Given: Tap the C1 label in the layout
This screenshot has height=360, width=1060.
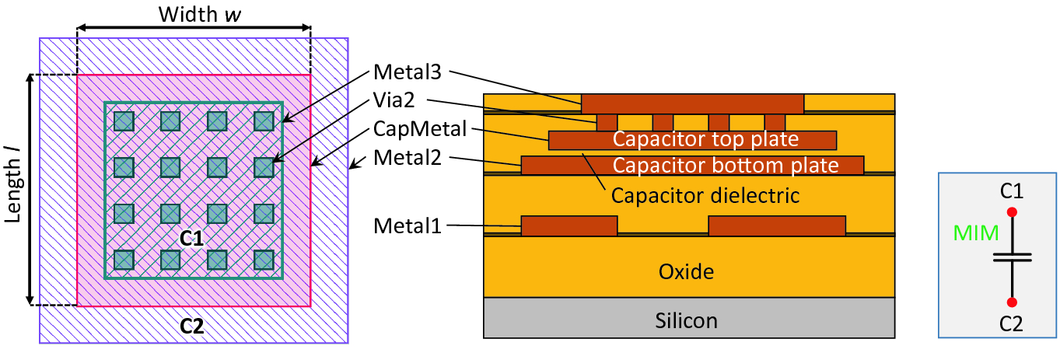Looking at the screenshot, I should pyautogui.click(x=192, y=239).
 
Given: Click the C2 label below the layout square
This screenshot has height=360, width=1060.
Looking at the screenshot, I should pyautogui.click(x=192, y=327).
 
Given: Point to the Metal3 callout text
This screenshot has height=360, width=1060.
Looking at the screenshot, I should pyautogui.click(x=407, y=72).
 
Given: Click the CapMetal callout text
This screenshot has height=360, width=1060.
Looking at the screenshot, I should pyautogui.click(x=420, y=128).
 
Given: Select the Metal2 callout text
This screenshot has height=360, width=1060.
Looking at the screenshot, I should pyautogui.click(x=407, y=158).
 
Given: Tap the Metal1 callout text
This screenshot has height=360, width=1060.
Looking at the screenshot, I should pyautogui.click(x=407, y=225).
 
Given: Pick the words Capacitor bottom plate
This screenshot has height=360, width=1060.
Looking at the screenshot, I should pyautogui.click(x=725, y=166).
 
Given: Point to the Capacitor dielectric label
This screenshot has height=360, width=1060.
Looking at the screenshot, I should pyautogui.click(x=705, y=194).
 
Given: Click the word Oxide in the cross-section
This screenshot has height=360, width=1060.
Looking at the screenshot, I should pyautogui.click(x=686, y=271).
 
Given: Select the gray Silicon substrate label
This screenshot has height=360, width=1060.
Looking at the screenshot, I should pyautogui.click(x=686, y=320).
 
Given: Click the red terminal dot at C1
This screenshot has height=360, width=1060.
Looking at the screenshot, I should pyautogui.click(x=1012, y=211).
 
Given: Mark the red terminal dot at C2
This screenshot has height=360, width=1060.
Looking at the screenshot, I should pyautogui.click(x=1012, y=302).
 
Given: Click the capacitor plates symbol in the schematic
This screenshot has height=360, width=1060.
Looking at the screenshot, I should pyautogui.click(x=1012, y=257).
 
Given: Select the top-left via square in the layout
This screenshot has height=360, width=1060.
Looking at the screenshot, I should pyautogui.click(x=124, y=121).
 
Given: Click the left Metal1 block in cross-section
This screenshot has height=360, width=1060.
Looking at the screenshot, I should pyautogui.click(x=569, y=225).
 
